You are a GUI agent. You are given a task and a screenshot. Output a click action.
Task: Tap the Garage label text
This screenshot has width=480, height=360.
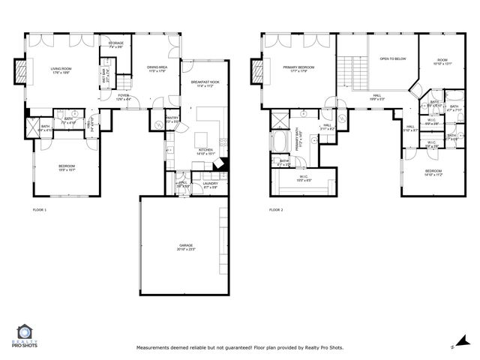coord(185,245)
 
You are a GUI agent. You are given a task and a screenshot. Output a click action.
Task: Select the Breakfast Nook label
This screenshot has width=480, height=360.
coord(204,82)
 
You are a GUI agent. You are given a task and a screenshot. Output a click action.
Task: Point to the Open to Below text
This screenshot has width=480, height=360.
coord(392,58)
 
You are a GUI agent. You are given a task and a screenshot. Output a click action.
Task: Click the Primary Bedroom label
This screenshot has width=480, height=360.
coord(298,67)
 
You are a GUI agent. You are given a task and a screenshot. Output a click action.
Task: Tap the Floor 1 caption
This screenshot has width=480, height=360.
coord(39,210)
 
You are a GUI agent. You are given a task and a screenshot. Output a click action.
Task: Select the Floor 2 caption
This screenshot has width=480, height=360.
coord(276,210)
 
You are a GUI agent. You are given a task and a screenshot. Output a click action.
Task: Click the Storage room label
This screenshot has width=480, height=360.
coord(115,44)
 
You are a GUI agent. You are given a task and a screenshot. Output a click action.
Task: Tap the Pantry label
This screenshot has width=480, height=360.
coord(172,118)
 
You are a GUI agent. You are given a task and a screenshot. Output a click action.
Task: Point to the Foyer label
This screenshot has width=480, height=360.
coord(124,97)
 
